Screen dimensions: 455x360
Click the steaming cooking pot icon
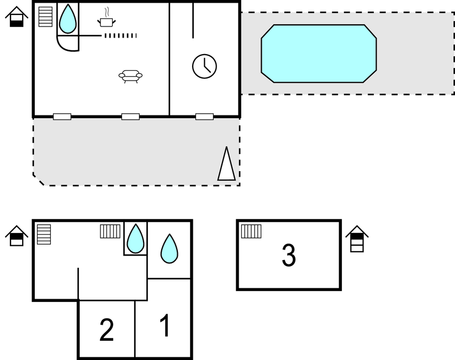tap(107, 18)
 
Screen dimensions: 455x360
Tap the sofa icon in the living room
tap(130, 76)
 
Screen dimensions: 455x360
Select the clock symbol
tap(204, 66)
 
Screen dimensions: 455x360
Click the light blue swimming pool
tap(319, 54)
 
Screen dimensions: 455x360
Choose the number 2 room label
tap(107, 330)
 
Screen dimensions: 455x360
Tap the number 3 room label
tap(289, 255)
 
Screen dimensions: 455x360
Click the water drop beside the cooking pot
tap(67, 19)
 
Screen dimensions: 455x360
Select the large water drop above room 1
tap(170, 249)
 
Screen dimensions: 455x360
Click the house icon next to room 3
tap(357, 239)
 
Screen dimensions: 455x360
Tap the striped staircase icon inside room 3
tap(251, 231)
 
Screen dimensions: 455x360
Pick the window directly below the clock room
tap(204, 117)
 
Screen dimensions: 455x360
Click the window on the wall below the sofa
tap(130, 117)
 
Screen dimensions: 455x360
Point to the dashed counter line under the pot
tap(120, 36)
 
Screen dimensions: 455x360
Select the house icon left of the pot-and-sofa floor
tap(17, 17)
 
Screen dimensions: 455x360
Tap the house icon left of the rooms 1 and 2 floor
tap(17, 236)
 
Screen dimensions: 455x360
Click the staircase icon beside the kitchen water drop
tap(46, 17)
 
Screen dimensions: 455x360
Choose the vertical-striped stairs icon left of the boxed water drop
tap(110, 231)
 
